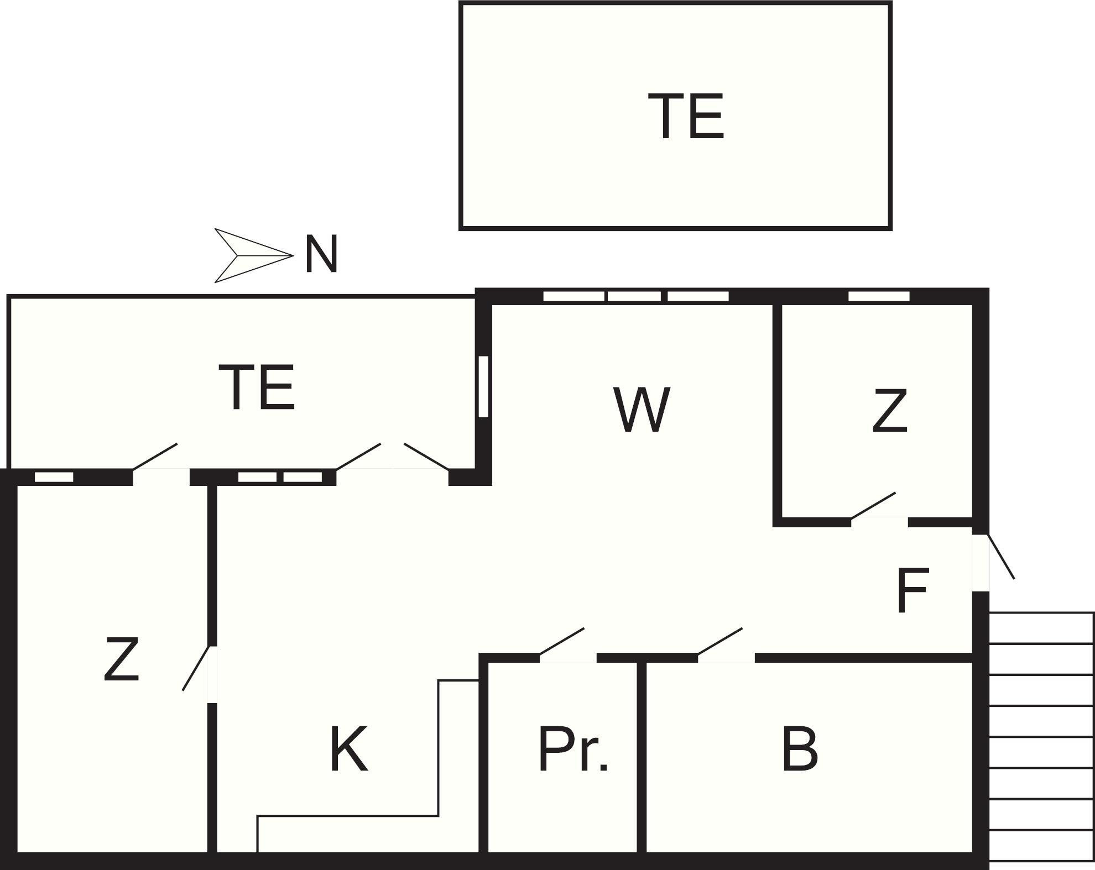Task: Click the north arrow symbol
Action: (x=252, y=255)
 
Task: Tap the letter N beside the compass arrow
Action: (x=321, y=255)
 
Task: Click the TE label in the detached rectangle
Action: (x=686, y=117)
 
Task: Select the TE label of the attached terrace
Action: (x=257, y=387)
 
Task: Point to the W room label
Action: (x=642, y=410)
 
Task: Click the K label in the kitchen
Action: (x=348, y=750)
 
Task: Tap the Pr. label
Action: (x=573, y=750)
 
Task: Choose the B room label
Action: (x=800, y=750)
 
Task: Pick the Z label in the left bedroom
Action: (x=121, y=659)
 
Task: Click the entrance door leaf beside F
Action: (x=1001, y=557)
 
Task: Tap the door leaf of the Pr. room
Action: (x=561, y=641)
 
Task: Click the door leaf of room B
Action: (x=719, y=641)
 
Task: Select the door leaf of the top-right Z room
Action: (x=873, y=506)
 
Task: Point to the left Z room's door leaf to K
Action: (x=196, y=668)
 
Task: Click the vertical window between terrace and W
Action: (x=483, y=386)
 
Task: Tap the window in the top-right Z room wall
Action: (x=879, y=296)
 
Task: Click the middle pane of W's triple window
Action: (x=634, y=296)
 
